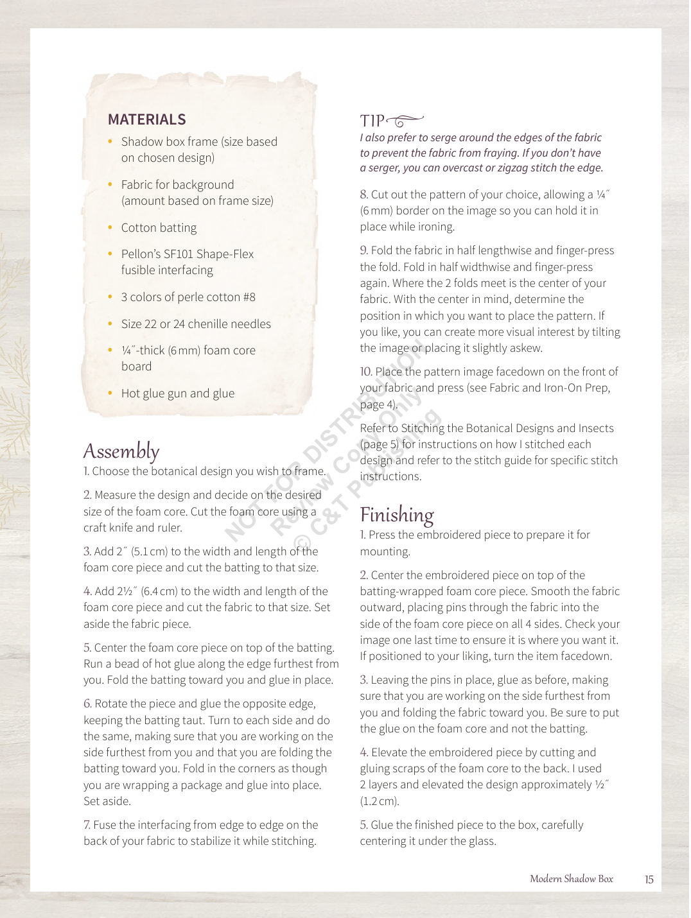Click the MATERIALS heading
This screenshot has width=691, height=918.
tap(147, 119)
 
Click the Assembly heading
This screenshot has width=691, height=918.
tap(121, 451)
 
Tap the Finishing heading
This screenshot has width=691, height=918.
tap(397, 515)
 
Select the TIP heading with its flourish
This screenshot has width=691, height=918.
tap(391, 121)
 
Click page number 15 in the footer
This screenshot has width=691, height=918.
tap(649, 879)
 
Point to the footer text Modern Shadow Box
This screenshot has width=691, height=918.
tap(571, 879)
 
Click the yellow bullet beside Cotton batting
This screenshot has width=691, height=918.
tap(110, 227)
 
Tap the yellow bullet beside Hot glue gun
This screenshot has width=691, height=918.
tap(110, 393)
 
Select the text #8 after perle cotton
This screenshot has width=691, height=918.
tap(249, 297)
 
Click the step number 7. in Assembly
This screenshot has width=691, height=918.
tap(87, 825)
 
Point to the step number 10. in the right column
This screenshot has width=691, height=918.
tap(366, 372)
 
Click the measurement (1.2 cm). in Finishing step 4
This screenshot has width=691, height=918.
tap(380, 801)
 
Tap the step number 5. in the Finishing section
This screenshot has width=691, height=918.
tap(364, 825)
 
